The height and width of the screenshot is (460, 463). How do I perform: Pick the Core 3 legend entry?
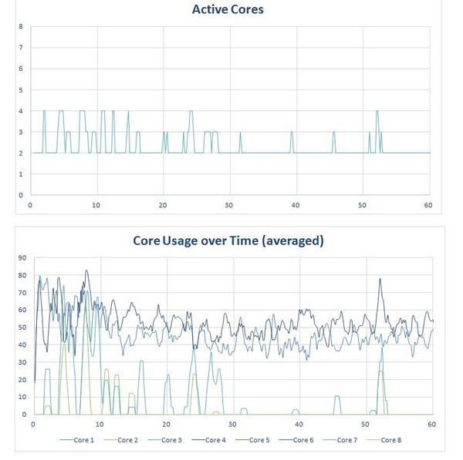(171, 440)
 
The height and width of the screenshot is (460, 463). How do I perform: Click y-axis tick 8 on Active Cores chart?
(21, 27)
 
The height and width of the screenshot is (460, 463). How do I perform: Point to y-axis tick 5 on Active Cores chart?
(21, 90)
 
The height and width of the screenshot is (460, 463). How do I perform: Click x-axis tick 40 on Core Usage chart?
(299, 425)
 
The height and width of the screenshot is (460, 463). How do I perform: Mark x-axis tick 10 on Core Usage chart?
(100, 425)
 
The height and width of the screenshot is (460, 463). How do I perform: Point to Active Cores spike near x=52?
(377, 112)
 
